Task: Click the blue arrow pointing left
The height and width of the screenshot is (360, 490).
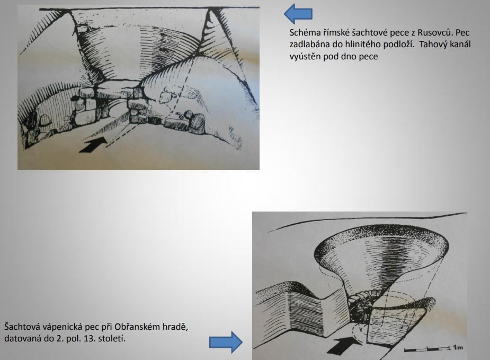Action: (298, 14)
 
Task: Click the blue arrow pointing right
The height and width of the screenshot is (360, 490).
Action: (226, 342)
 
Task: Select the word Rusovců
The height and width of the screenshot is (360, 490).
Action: (435, 32)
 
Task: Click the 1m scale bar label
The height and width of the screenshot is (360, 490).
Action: (458, 347)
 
